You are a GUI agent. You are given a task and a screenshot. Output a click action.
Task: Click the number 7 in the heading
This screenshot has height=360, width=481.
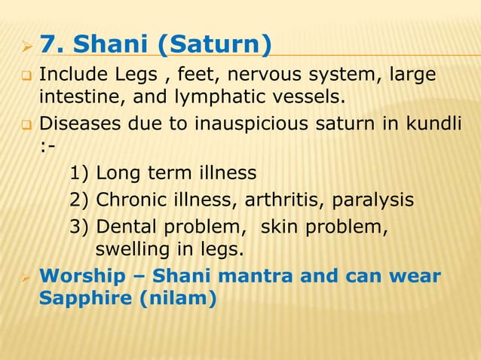pos(47,46)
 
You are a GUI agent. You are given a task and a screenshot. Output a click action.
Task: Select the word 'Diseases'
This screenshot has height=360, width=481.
pos(75,123)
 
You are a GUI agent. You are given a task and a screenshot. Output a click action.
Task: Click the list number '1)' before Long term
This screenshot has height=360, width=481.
pos(79,173)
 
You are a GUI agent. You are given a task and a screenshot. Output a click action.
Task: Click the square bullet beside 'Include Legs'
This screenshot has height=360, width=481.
pos(25,75)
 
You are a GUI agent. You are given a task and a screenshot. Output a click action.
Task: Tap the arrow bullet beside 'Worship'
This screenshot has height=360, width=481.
pos(24,276)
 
